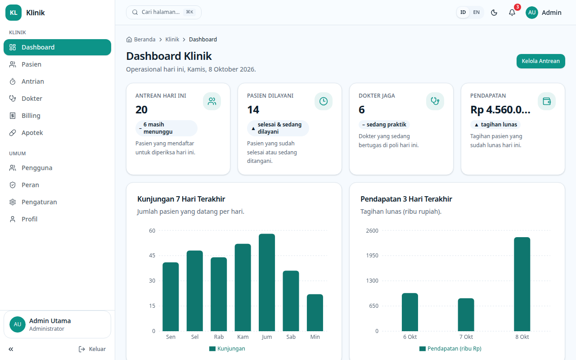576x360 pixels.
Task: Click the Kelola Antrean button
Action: click(540, 61)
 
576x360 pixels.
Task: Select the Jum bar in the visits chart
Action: click(267, 282)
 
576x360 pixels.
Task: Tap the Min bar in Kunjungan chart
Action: click(315, 312)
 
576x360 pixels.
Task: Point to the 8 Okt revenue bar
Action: click(522, 284)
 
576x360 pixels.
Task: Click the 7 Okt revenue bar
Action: click(466, 315)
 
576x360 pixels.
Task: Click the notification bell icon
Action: click(512, 12)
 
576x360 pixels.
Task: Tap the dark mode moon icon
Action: click(494, 12)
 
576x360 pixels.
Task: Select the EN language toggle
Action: click(476, 12)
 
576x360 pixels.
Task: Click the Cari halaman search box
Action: click(163, 12)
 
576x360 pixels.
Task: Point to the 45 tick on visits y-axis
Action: click(152, 256)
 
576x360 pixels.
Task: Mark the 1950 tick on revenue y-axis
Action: click(372, 256)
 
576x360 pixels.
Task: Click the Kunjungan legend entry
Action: click(227, 349)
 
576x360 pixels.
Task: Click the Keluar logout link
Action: click(92, 349)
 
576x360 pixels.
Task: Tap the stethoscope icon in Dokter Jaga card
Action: click(435, 101)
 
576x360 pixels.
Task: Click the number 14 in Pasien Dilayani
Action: click(253, 110)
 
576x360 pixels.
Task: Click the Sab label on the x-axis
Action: click(291, 337)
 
